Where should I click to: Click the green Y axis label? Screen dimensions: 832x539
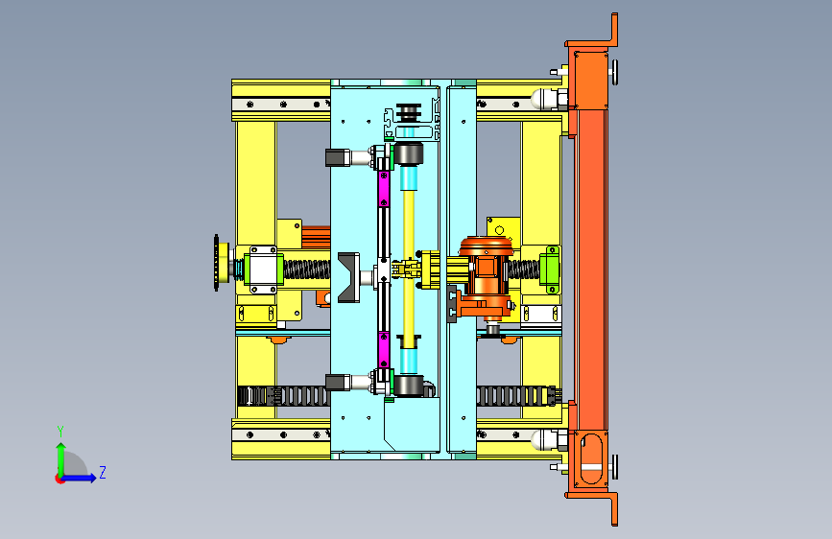coord(60,432)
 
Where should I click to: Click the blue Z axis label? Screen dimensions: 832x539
coord(103,472)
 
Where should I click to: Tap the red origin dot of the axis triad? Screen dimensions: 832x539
coord(59,479)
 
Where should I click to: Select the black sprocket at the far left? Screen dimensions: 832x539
coord(217,263)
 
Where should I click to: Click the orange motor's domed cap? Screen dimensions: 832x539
coord(486,246)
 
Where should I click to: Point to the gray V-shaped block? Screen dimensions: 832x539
coord(348,277)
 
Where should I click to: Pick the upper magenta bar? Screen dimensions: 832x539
coord(384,188)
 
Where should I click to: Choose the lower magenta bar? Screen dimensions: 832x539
coord(384,350)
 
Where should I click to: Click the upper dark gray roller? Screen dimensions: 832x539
coord(408,153)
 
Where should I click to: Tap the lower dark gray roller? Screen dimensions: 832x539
coord(408,386)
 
